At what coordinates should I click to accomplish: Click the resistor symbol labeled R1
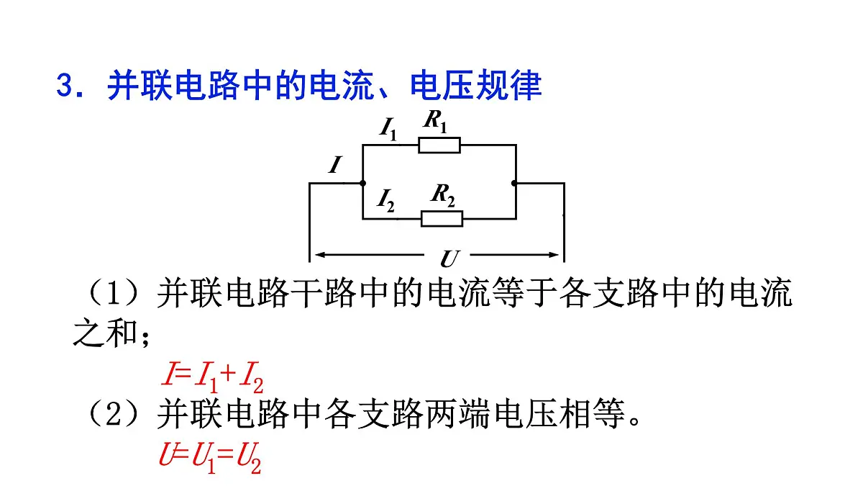439,145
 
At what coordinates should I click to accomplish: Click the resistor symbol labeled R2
442,219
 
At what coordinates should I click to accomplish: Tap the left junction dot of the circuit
362,183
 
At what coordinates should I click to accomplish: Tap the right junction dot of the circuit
514,183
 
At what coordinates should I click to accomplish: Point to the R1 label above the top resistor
435,121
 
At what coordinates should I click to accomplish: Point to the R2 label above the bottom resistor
443,195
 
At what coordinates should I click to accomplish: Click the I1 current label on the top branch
388,129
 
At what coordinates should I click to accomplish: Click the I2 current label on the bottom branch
385,201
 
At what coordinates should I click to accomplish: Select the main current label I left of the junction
335,165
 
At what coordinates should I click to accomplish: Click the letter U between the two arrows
449,258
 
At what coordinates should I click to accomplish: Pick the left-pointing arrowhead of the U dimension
321,255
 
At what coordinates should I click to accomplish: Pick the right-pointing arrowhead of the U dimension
553,255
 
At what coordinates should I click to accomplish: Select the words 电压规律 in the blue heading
476,85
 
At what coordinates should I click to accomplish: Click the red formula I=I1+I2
213,375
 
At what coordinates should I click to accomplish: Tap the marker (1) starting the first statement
114,293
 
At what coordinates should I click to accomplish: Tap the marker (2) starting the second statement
114,414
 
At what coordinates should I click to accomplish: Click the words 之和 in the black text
105,333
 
